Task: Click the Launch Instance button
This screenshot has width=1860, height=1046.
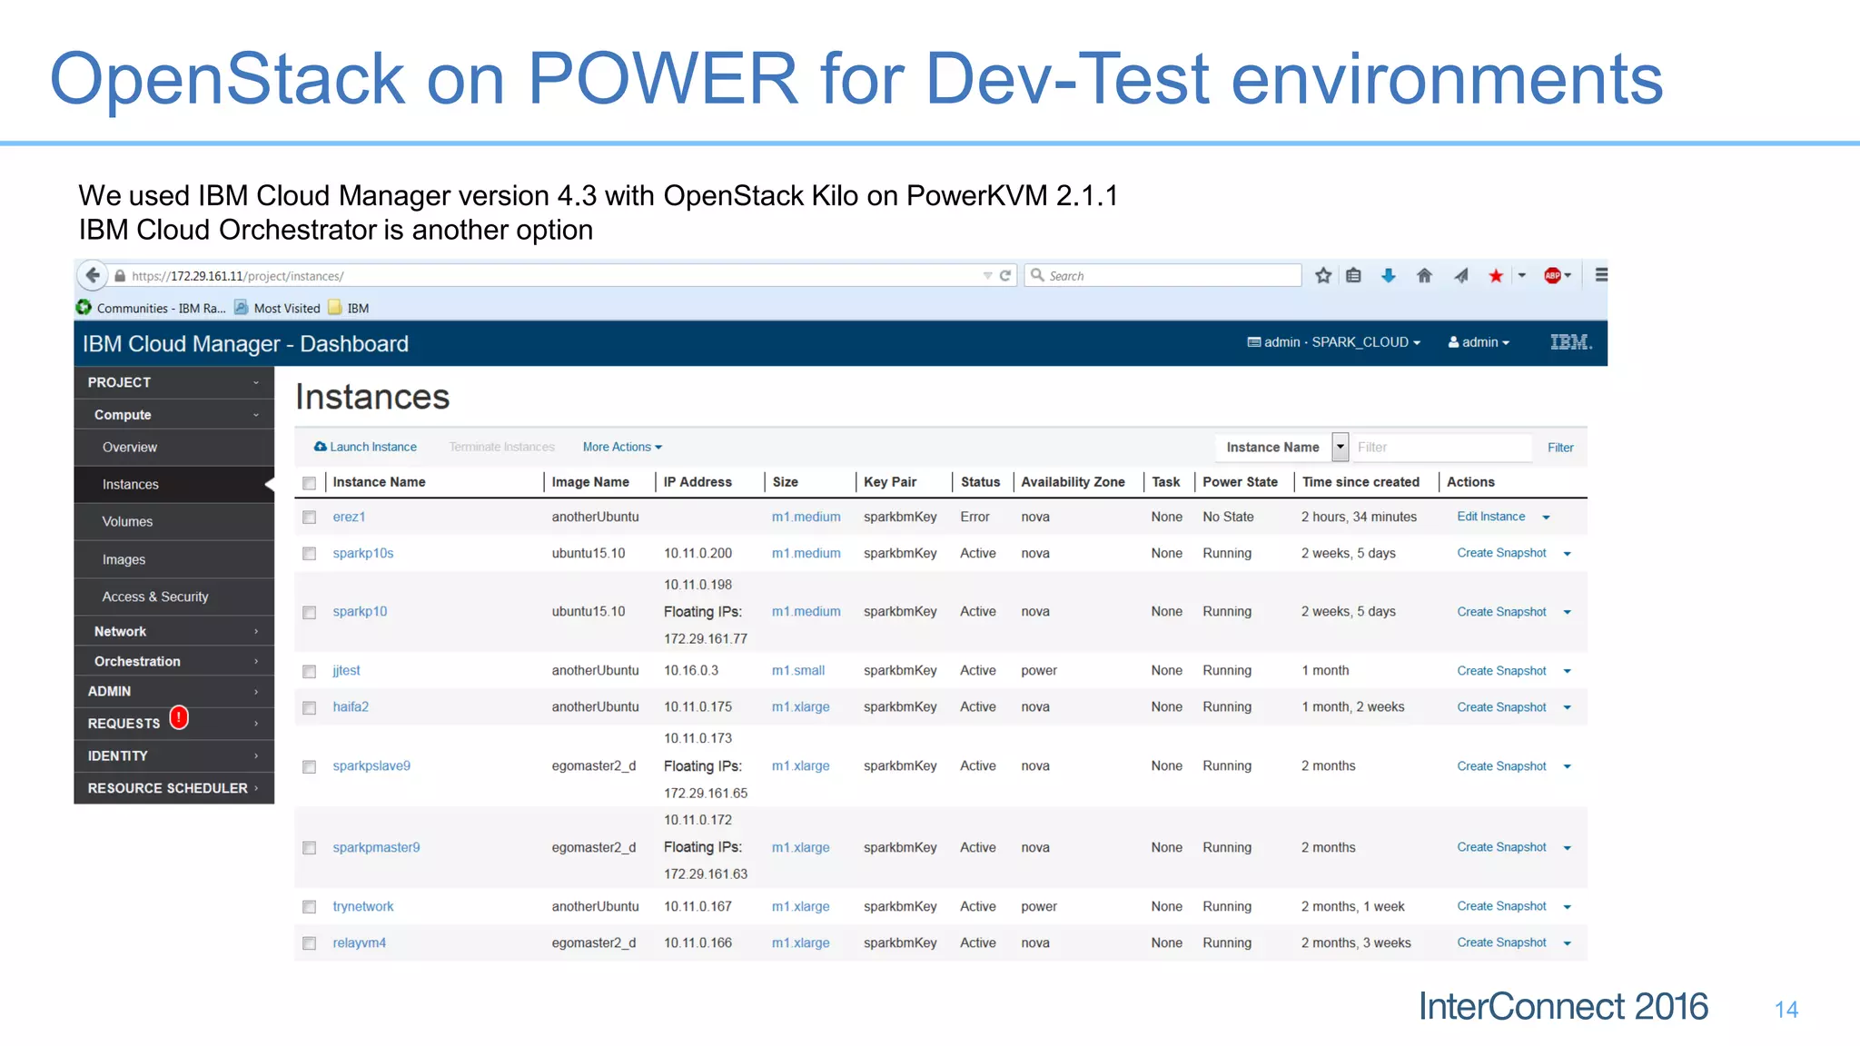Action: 365,447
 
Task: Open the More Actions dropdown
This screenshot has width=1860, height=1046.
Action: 622,447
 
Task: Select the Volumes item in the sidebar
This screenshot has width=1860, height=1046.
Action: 127,521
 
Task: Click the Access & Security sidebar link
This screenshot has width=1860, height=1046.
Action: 155,597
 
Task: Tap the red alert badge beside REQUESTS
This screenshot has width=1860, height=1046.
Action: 180,717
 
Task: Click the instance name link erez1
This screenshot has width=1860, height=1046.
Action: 349,517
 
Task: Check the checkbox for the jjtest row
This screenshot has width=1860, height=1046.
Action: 310,671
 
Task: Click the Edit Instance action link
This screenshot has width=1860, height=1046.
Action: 1490,517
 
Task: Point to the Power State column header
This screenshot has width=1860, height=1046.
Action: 1240,482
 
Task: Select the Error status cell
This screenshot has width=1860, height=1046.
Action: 975,517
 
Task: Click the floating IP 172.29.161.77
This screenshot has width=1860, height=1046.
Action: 705,638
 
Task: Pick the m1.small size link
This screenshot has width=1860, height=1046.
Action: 797,670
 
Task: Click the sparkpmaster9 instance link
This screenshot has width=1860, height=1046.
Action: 376,847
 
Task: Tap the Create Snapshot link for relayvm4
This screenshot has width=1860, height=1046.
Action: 1501,942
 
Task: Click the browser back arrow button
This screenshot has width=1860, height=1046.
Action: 93,275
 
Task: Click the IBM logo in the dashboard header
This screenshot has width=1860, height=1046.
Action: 1570,342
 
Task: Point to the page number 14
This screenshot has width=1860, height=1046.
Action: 1786,1010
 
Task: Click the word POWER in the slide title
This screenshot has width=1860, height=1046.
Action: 662,79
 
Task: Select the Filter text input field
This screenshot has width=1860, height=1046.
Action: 1441,447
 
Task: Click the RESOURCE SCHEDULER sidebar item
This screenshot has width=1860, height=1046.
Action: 168,788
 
